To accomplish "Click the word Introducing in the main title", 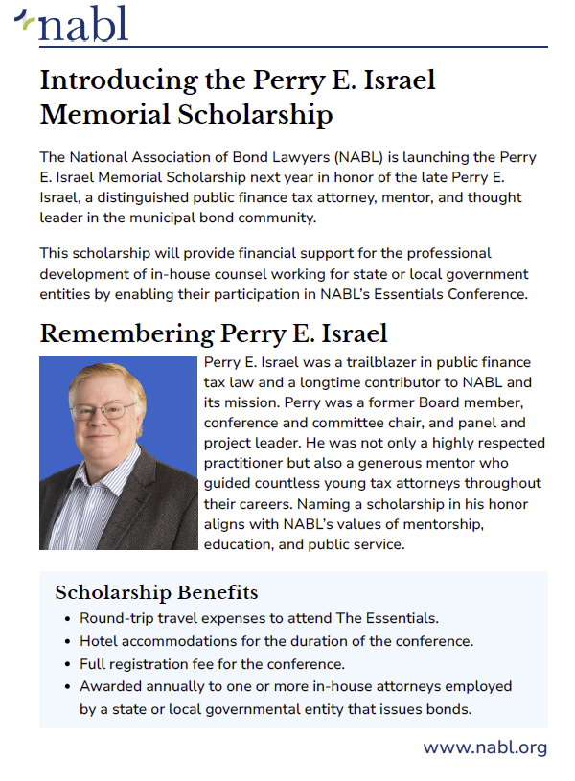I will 117,80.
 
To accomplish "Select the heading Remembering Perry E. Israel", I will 214,333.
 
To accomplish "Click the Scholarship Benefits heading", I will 156,592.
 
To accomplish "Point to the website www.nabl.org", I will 485,747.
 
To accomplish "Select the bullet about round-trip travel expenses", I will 259,618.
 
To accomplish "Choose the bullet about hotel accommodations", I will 276,641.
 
